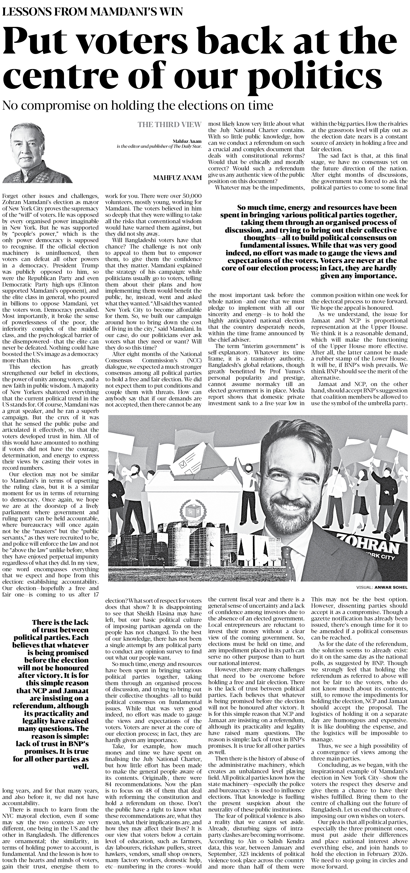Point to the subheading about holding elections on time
click(138, 105)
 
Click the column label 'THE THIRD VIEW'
click(169, 125)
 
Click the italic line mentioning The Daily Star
click(159, 146)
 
